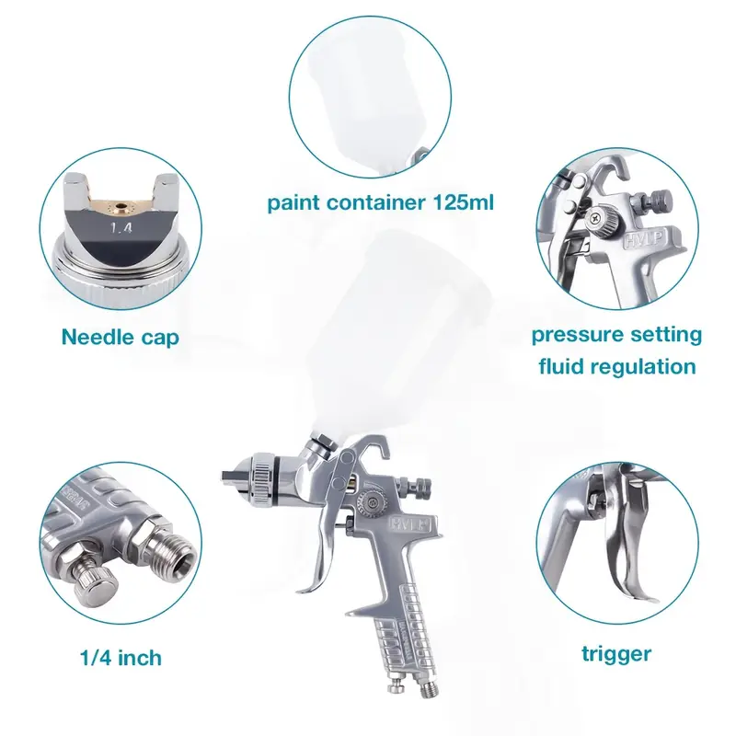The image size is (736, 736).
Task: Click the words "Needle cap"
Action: (120, 337)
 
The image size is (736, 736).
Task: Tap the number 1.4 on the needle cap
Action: (121, 224)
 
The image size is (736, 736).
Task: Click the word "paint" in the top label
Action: (293, 202)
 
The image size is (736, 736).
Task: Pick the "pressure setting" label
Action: (615, 333)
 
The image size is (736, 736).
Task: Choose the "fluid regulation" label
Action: (615, 366)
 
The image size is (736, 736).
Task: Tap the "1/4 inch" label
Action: (120, 658)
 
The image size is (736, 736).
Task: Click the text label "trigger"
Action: (615, 654)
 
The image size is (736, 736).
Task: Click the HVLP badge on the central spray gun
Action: (380, 526)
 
